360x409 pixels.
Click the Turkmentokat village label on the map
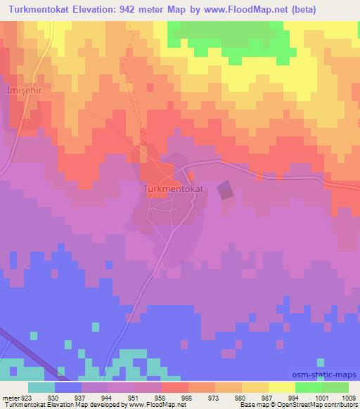tap(172, 190)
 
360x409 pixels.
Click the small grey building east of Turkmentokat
tap(224, 190)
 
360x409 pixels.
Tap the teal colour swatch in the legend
tap(41, 387)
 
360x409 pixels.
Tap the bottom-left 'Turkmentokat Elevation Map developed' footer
tap(63, 405)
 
